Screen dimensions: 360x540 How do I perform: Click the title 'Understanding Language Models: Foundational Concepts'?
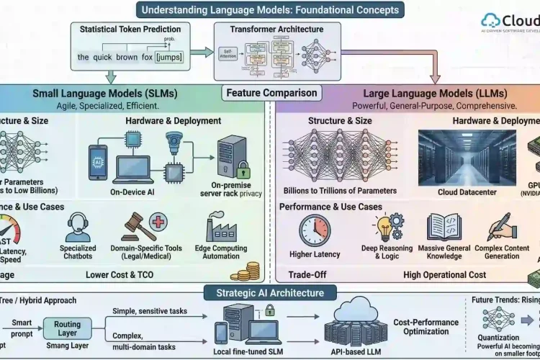click(269, 10)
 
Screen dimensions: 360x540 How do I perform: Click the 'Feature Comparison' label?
click(271, 93)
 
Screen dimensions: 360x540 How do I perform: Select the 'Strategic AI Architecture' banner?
click(269, 292)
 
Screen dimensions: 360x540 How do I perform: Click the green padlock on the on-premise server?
click(244, 170)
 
